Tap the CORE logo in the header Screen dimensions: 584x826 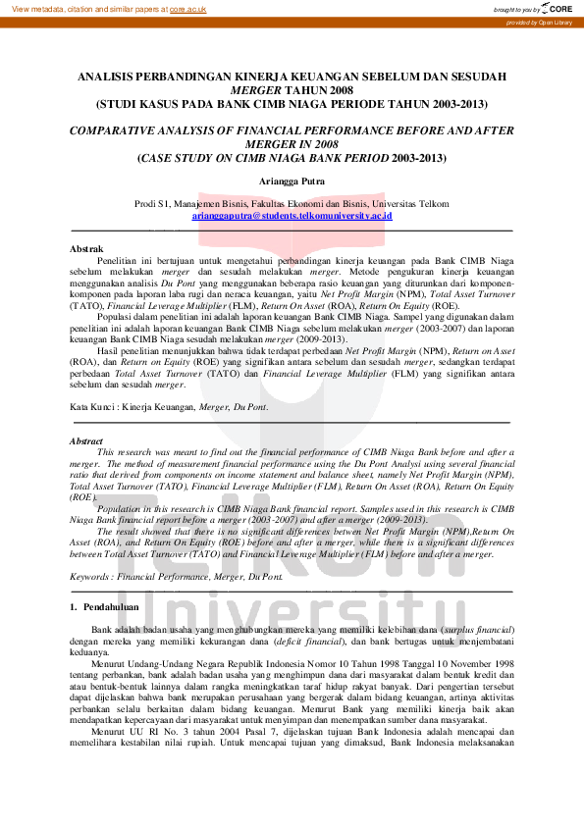click(x=557, y=8)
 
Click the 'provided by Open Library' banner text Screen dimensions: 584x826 click(x=541, y=22)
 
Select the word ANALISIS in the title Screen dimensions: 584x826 click(x=107, y=77)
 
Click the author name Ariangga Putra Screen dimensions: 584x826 click(x=292, y=182)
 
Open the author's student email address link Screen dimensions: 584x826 click(x=292, y=214)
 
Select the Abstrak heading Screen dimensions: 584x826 click(x=88, y=250)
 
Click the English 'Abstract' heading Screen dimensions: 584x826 click(x=86, y=441)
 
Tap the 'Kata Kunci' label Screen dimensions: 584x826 click(x=91, y=405)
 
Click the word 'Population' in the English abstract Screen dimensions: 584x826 click(x=124, y=509)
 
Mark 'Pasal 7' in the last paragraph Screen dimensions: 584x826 click(x=240, y=731)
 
